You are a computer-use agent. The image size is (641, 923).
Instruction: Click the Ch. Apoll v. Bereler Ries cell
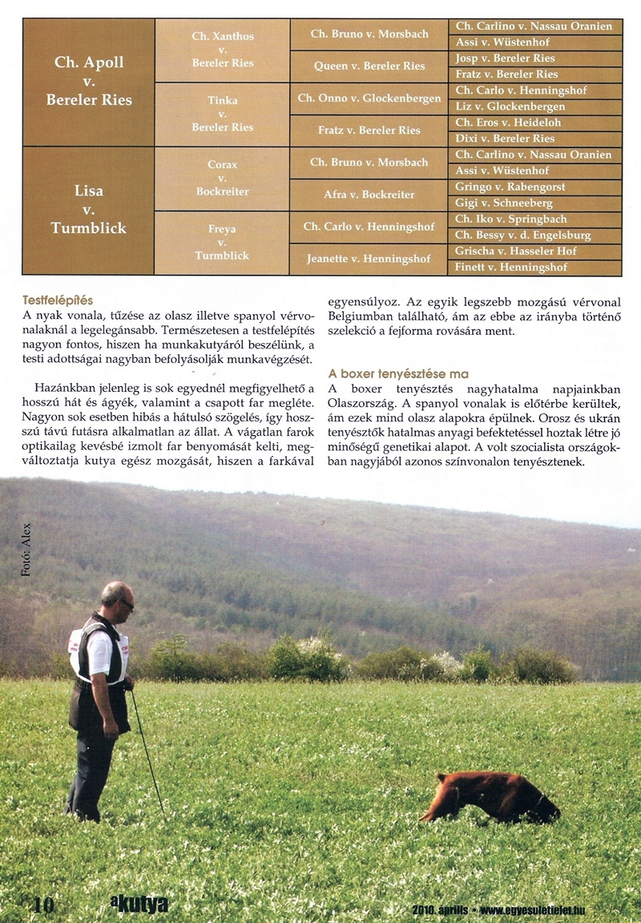point(88,82)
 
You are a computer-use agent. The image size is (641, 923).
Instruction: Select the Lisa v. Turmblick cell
point(88,210)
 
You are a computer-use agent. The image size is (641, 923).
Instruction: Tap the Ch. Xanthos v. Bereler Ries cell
point(222,50)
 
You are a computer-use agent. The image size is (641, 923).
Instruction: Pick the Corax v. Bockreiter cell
point(222,178)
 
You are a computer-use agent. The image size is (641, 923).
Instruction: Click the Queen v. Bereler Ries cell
point(368,67)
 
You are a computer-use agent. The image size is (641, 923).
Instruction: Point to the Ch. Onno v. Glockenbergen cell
point(368,99)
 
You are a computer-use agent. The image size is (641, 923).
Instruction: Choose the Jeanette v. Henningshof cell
point(368,259)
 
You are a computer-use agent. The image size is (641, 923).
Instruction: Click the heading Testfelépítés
point(58,300)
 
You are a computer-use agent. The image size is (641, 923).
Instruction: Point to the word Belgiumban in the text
point(362,317)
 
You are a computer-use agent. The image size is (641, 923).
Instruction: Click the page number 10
point(42,905)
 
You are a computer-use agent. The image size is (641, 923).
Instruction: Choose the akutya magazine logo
point(139,905)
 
